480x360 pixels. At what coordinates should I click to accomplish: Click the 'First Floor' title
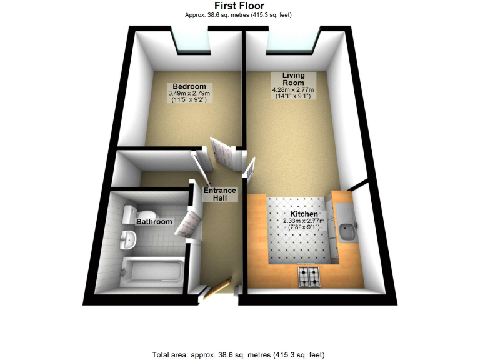click(239, 6)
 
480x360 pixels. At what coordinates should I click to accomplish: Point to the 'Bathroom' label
click(154, 221)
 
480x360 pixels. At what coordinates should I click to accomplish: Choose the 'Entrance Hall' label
click(219, 194)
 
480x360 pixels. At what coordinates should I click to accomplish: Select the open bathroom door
click(188, 221)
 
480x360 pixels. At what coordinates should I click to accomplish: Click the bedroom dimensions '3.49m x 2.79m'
click(189, 94)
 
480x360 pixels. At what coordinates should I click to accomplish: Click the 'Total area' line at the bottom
click(239, 354)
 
